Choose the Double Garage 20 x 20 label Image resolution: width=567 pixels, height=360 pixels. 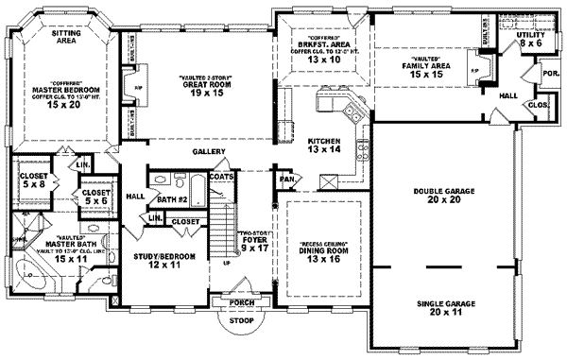pyautogui.click(x=442, y=194)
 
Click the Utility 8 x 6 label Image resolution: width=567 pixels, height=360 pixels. pyautogui.click(x=531, y=39)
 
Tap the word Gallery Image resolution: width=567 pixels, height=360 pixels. pyautogui.click(x=207, y=150)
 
